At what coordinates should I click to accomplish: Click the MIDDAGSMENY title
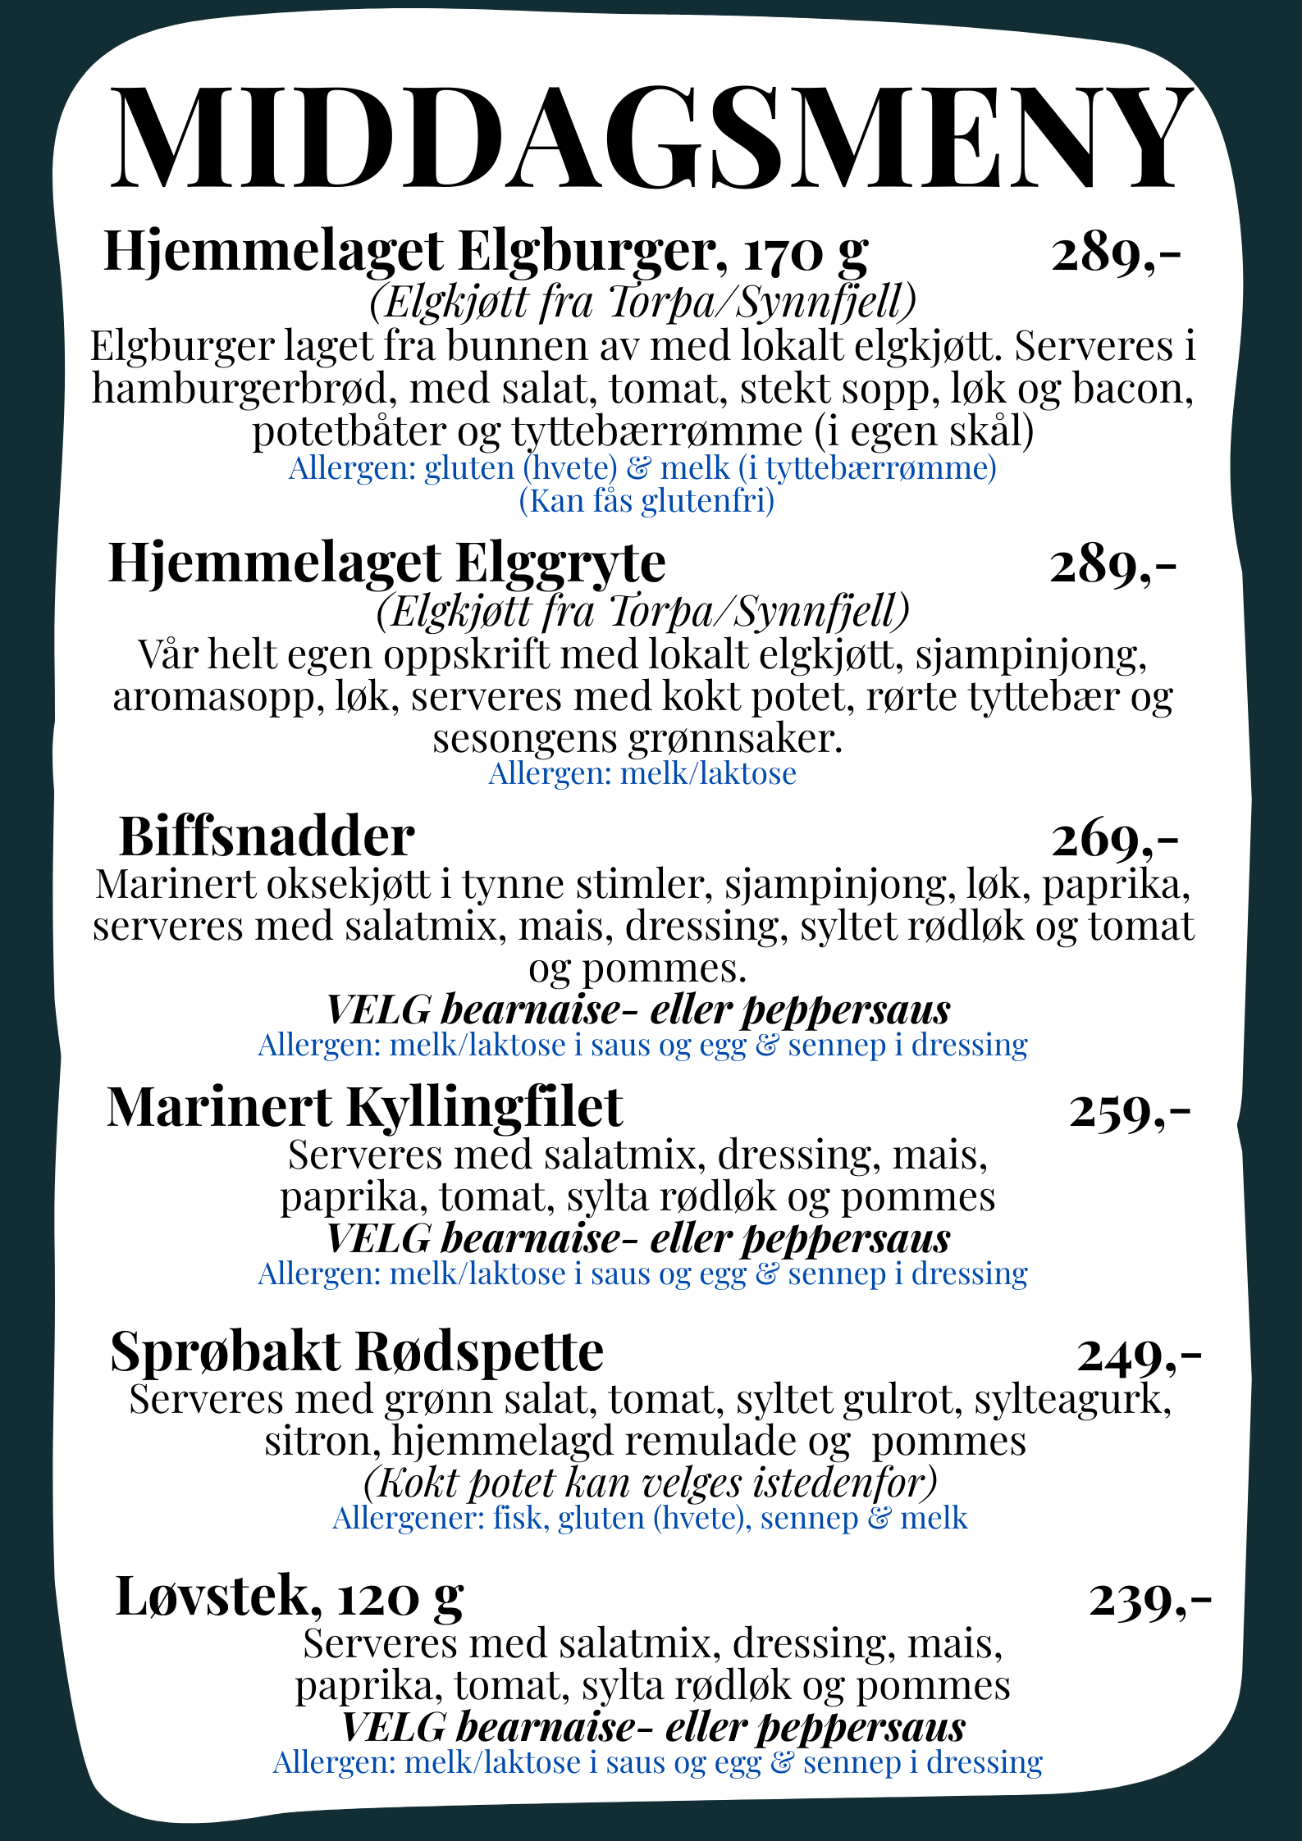click(x=651, y=138)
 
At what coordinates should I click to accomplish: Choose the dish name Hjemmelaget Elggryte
click(x=386, y=564)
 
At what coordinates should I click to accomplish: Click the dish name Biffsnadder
click(x=267, y=837)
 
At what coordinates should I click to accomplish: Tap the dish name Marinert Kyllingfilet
click(x=364, y=1109)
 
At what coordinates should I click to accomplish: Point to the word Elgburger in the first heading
click(x=587, y=252)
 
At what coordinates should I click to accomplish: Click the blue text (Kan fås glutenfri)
click(x=646, y=500)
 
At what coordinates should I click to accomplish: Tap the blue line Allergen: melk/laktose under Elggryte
click(x=642, y=773)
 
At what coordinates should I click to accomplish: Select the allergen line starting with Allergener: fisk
click(x=650, y=1519)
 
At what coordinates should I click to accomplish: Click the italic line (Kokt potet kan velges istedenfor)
click(x=650, y=1483)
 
